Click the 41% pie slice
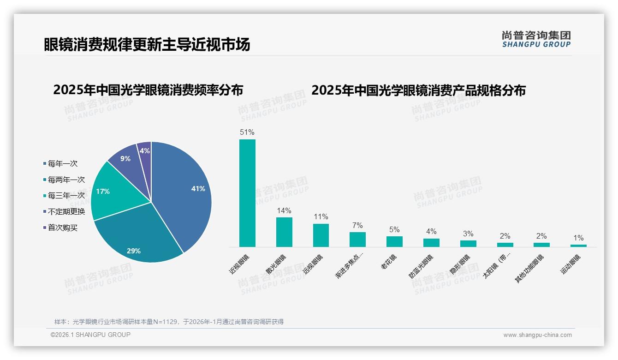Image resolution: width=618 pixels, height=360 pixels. [x=184, y=189]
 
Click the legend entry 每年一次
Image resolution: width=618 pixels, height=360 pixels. [x=62, y=163]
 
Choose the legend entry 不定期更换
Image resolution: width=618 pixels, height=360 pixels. [x=66, y=211]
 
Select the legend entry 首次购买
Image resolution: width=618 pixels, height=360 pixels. [x=62, y=228]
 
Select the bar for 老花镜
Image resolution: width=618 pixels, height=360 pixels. [x=394, y=241]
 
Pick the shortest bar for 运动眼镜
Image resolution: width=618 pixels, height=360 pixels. [x=578, y=246]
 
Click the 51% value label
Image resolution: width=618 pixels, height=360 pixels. [x=247, y=132]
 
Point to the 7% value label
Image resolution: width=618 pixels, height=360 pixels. [x=357, y=225]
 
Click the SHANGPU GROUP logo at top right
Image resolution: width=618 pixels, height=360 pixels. [x=536, y=39]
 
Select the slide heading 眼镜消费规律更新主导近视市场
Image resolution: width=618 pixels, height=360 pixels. [x=147, y=44]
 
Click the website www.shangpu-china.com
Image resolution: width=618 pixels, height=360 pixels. [x=537, y=335]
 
